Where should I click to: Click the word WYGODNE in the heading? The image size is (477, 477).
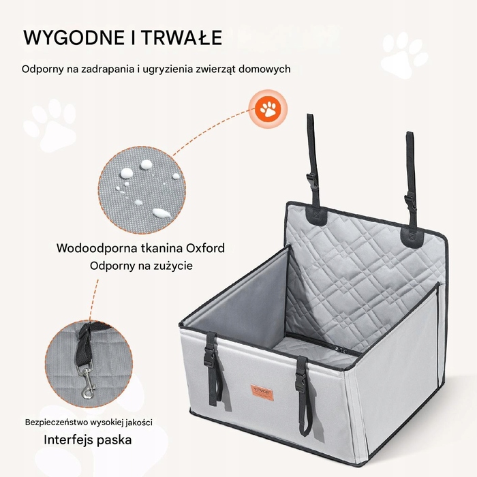coord(74,37)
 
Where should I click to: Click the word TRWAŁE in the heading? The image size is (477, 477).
coord(183,37)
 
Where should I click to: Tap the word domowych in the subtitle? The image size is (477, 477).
coord(264,69)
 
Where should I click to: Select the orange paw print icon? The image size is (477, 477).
coord(268,108)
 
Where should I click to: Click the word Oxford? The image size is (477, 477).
coord(205,248)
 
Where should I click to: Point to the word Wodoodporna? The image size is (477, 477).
coord(97,249)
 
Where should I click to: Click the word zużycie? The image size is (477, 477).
coord(174,266)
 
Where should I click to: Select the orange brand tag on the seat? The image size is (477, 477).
coord(262,393)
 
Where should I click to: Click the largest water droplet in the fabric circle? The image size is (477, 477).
coord(161,213)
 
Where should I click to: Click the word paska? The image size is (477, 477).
coord(114,440)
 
